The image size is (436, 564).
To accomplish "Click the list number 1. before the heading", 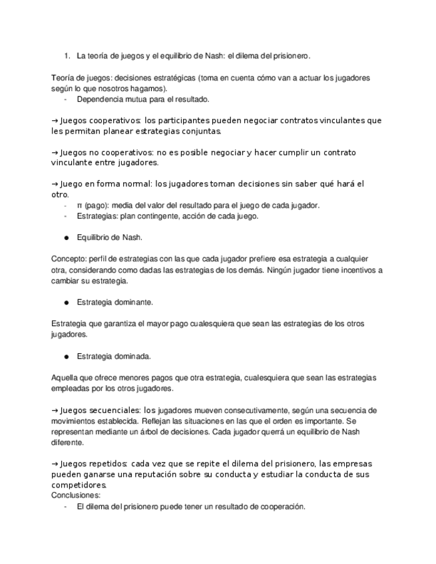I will click(x=67, y=56).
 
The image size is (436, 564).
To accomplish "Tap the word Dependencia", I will click(x=101, y=99).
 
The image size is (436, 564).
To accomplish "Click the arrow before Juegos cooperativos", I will click(x=55, y=120).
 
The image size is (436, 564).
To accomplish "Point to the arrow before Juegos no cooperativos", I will click(x=55, y=152).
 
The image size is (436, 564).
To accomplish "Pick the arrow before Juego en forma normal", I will click(x=55, y=184).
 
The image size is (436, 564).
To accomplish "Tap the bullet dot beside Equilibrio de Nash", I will click(x=67, y=237).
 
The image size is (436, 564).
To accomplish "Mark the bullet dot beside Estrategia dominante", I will click(x=67, y=302).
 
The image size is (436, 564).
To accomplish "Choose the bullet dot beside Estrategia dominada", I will click(x=67, y=356).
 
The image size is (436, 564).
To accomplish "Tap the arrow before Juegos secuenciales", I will click(x=55, y=410).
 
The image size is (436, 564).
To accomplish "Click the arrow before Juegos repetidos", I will click(x=55, y=463).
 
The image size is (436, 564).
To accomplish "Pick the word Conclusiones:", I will click(x=76, y=495).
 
